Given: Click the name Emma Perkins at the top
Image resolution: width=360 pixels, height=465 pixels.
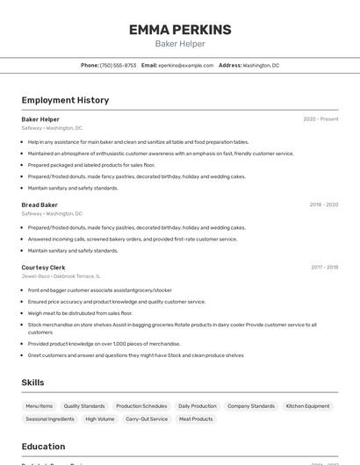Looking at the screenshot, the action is [x=180, y=30].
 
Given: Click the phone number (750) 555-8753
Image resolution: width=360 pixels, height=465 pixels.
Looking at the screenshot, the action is [x=118, y=65].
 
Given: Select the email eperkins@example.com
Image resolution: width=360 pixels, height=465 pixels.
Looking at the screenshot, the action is [x=186, y=65].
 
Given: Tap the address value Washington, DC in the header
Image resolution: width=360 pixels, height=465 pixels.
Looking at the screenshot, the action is [x=261, y=65].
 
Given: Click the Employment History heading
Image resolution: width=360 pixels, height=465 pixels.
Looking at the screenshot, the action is [x=65, y=100].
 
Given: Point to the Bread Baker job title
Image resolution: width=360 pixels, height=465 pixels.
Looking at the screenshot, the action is [x=40, y=204].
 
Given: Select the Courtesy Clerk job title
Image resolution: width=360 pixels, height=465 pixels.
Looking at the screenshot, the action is [x=44, y=267].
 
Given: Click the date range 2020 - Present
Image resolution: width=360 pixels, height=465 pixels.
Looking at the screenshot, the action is [x=320, y=119].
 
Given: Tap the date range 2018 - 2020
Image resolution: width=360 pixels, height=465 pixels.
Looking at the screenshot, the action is [x=323, y=204].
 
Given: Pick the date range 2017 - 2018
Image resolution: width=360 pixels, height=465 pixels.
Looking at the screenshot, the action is [x=324, y=267].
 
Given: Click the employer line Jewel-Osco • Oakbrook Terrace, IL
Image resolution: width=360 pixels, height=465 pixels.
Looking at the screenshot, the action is [x=61, y=275].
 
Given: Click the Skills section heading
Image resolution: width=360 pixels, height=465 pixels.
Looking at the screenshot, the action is [x=32, y=383].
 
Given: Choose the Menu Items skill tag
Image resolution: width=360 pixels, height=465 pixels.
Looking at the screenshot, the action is [x=39, y=406].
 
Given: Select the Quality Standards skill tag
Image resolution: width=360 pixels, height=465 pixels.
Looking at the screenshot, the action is [x=84, y=406].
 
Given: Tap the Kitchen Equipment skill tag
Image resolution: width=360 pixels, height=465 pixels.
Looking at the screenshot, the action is [x=307, y=406].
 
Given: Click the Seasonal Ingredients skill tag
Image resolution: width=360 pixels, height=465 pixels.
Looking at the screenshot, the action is [x=50, y=419].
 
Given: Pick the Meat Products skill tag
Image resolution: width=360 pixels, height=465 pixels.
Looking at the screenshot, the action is [x=196, y=419].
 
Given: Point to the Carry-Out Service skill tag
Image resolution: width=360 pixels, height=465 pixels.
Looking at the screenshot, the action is [x=147, y=419].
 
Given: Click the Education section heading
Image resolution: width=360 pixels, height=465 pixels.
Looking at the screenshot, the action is [x=43, y=446].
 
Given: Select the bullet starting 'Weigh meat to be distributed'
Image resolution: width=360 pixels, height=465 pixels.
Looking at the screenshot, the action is [x=80, y=313].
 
